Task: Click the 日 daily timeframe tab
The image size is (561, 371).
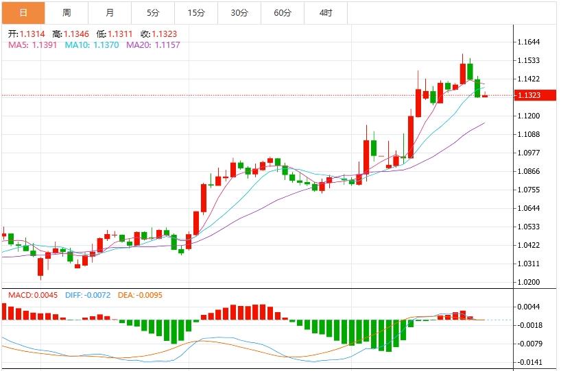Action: coord(23,12)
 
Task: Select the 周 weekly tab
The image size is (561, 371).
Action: coord(67,12)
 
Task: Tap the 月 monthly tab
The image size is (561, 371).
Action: coord(110,12)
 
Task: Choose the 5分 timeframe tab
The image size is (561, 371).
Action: coord(153,12)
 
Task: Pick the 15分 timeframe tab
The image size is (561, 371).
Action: coord(196,12)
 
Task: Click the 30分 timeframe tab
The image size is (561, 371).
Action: coord(239,12)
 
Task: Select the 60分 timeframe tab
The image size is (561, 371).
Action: coord(283,12)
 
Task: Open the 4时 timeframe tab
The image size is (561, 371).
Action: coord(326,12)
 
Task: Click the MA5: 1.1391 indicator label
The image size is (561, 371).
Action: coord(32,44)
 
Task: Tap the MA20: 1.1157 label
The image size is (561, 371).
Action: coord(152,44)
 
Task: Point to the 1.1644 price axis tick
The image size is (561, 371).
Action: coord(529,42)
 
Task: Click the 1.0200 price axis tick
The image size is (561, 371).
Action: coord(529,282)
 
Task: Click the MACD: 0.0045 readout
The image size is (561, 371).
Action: coord(32,295)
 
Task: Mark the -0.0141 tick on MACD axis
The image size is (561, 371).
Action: coord(531,363)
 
